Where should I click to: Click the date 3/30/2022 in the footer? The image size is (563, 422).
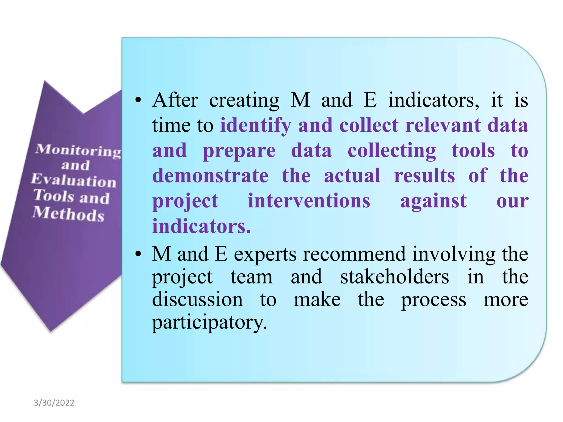(54, 403)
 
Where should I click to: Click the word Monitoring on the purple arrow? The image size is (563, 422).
(78, 151)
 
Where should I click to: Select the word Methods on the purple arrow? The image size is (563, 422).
(68, 214)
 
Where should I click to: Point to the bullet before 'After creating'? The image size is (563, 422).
(138, 100)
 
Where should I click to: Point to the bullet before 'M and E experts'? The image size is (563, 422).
(138, 254)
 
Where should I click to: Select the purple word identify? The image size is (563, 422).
(256, 125)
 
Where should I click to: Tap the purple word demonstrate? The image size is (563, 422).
(210, 176)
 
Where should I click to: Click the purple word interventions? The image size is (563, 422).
(309, 201)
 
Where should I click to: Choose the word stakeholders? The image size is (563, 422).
(394, 277)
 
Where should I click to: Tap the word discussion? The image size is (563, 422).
(197, 299)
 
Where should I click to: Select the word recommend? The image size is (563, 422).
(354, 254)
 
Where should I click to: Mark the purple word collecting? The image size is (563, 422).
(392, 151)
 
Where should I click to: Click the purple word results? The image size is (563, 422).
(424, 176)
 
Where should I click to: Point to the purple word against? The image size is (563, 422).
(434, 201)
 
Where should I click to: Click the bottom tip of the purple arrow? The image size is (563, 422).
(51, 331)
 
